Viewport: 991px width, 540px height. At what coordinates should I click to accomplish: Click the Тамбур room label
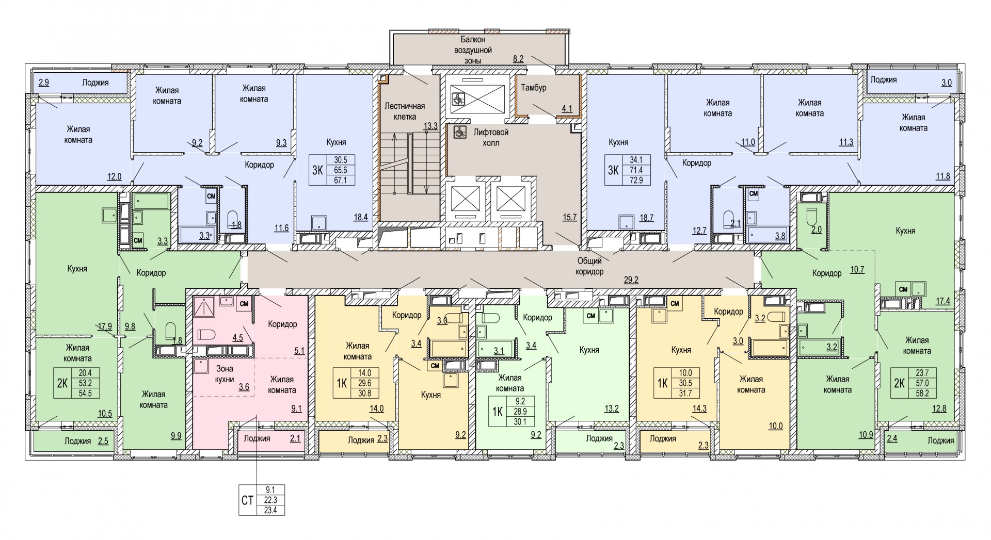[534, 88]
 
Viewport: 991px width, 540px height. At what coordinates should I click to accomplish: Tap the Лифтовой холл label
[487, 137]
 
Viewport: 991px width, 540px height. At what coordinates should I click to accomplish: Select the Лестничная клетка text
[405, 111]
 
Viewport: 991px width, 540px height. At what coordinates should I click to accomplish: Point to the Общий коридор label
[590, 266]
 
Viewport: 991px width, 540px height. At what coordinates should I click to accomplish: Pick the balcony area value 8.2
[518, 59]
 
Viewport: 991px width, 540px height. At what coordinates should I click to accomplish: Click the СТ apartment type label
[247, 500]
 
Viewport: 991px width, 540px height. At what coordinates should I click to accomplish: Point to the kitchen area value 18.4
[360, 218]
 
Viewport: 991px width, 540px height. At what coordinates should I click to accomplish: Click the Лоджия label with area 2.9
[95, 83]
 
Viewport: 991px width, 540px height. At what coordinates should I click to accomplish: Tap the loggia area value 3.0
[946, 83]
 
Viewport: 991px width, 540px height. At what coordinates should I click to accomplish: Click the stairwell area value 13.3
[430, 125]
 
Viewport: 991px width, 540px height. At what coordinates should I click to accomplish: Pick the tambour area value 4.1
[567, 109]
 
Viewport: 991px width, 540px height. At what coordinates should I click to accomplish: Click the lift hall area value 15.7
[569, 218]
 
